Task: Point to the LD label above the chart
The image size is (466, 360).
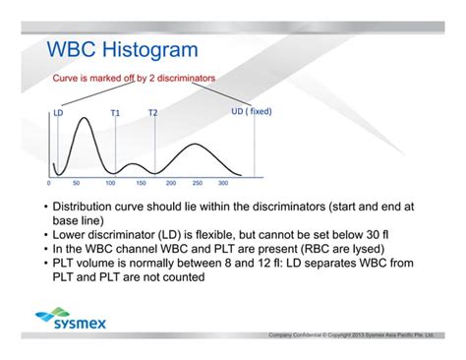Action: [58, 112]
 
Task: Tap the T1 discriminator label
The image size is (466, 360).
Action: [115, 112]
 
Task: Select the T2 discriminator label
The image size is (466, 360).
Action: [152, 112]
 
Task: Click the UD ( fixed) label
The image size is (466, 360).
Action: [251, 111]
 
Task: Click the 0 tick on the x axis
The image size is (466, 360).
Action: [49, 183]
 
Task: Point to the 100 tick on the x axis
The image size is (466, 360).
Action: [110, 183]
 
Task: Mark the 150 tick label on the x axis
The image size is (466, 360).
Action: [141, 183]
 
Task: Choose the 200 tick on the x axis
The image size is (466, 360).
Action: [171, 183]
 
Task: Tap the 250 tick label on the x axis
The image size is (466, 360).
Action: [197, 183]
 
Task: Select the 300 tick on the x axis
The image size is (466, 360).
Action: [222, 183]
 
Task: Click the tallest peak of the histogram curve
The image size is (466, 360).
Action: [85, 119]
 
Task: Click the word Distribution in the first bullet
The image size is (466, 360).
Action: [87, 208]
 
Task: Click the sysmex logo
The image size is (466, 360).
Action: [70, 320]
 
